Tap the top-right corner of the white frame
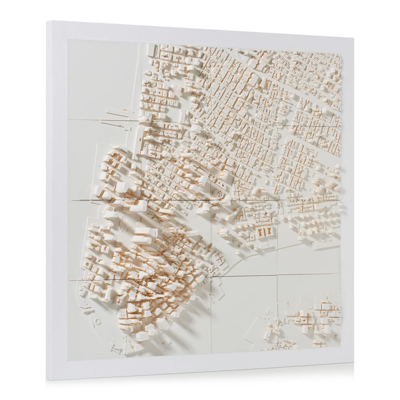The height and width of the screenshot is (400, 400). [x=353, y=39]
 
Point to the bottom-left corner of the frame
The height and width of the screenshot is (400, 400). [x=48, y=379]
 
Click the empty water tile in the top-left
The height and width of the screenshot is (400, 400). [x=103, y=78]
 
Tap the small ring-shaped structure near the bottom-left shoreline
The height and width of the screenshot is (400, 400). [x=98, y=321]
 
